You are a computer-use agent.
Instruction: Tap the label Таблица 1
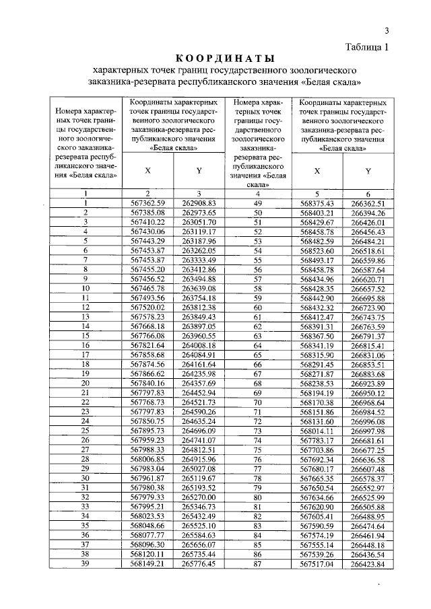(367, 46)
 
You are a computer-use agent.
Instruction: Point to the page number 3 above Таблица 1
(387, 30)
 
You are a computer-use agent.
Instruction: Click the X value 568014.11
(317, 431)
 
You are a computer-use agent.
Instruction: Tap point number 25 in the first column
(86, 431)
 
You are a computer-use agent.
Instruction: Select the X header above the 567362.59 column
(147, 170)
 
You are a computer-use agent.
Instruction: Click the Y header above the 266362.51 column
(368, 170)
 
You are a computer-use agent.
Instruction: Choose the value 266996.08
(367, 421)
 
